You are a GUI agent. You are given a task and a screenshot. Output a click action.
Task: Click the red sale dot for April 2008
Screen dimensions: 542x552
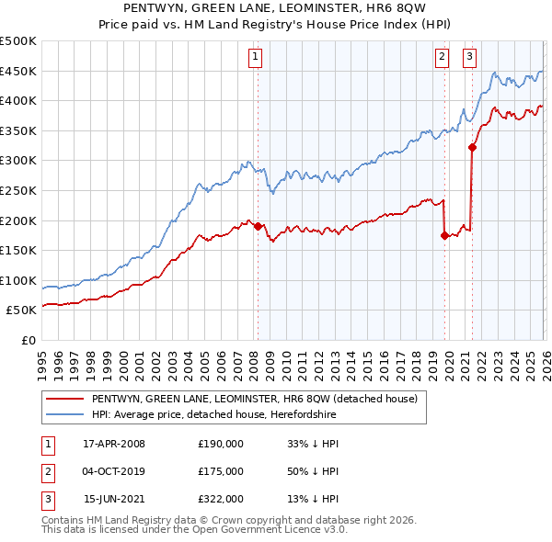[x=258, y=226]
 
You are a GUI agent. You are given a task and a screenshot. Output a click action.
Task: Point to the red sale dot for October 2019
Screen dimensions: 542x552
[x=444, y=235]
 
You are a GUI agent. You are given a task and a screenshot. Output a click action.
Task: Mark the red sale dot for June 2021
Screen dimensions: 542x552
[x=472, y=147]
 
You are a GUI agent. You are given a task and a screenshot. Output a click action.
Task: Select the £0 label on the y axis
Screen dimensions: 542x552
[x=28, y=340]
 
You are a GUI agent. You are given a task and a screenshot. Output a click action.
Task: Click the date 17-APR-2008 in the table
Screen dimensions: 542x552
[x=114, y=443]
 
